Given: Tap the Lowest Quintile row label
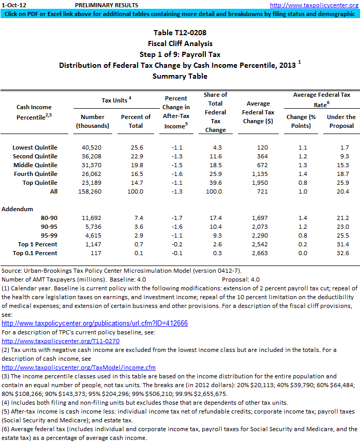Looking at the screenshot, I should tap(35, 148).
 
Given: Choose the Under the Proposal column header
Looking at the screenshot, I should tap(341, 121).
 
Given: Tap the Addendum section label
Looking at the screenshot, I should tap(18, 209).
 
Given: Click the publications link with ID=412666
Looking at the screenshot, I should tap(95, 323).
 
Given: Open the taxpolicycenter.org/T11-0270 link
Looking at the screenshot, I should tap(61, 341).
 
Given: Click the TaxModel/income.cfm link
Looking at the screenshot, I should tap(79, 367).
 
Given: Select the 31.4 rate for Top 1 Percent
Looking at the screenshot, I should tap(342, 244).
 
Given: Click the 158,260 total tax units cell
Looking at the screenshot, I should tap(94, 191).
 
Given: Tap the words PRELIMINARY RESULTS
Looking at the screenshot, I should tap(107, 5).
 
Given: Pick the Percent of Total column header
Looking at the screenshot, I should tap(136, 121).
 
